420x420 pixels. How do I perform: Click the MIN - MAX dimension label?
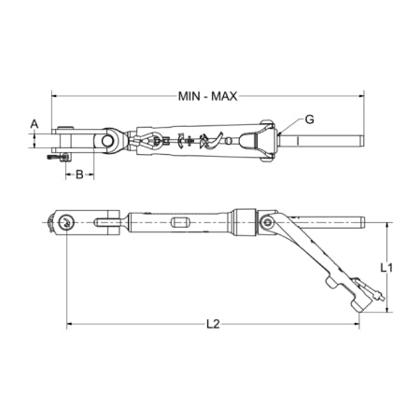click(x=207, y=96)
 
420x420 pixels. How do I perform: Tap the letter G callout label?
click(x=309, y=119)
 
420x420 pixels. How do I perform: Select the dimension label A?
click(x=35, y=124)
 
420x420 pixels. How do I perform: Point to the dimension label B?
click(x=79, y=175)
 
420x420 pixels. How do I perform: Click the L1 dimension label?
click(x=386, y=268)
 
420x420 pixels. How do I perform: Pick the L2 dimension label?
click(x=213, y=324)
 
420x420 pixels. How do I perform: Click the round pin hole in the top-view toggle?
click(x=107, y=140)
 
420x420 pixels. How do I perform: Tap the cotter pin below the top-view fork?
click(x=59, y=158)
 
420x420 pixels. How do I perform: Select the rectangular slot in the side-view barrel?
click(x=179, y=223)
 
